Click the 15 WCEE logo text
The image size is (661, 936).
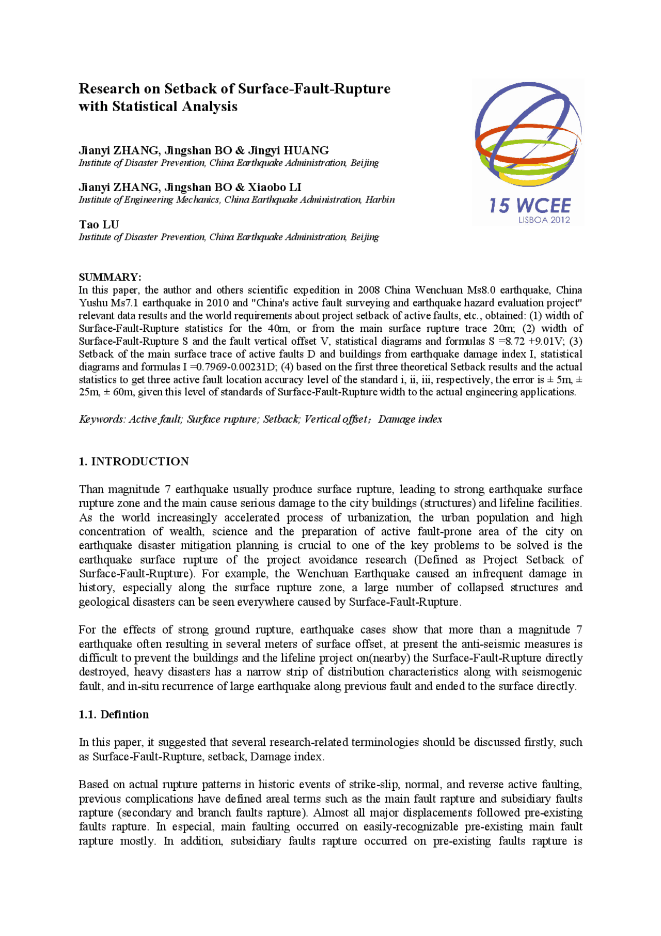coord(530,206)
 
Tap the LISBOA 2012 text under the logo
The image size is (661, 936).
coord(544,220)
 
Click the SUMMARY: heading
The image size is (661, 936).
coord(110,277)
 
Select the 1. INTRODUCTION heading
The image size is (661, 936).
coord(134,462)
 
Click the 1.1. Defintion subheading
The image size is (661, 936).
coord(114,714)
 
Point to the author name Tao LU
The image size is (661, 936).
coord(99,224)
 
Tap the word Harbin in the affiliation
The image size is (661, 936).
coord(380,200)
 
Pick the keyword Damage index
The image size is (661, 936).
coord(410,419)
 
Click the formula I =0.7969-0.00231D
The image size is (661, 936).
coord(230,367)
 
